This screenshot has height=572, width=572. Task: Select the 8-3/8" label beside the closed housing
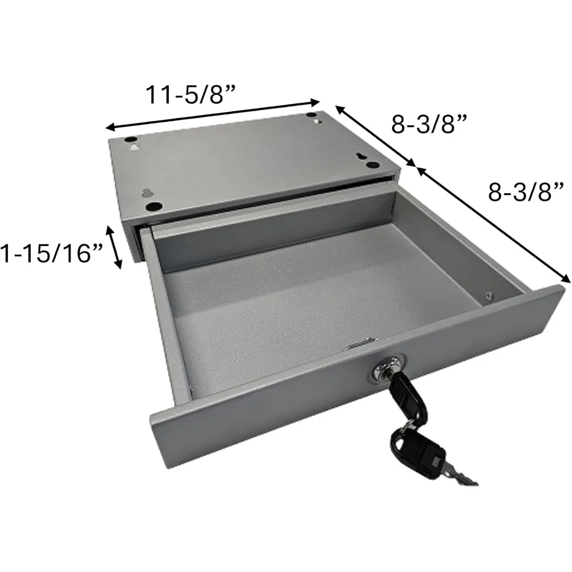(430, 123)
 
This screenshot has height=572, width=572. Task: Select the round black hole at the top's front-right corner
(372, 165)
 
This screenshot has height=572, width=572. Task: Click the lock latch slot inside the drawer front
(356, 344)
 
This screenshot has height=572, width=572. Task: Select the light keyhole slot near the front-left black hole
(146, 194)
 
